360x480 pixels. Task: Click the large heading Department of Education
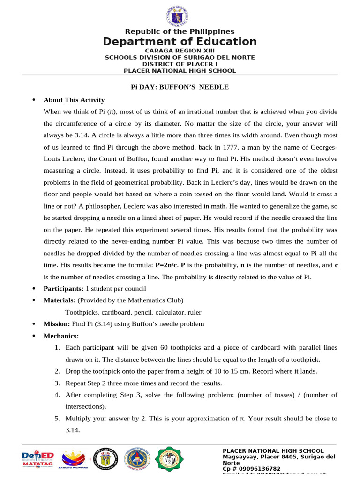[180, 42]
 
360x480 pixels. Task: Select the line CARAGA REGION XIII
[180, 51]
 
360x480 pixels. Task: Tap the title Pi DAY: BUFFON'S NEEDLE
[180, 87]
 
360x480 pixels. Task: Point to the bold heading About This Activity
[74, 100]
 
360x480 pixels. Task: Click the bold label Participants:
[63, 288]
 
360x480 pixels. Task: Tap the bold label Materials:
[60, 300]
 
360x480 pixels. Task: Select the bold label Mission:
[57, 324]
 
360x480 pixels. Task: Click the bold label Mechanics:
[61, 336]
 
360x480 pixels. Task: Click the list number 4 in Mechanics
[57, 395]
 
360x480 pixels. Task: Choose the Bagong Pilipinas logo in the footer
[75, 459]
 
